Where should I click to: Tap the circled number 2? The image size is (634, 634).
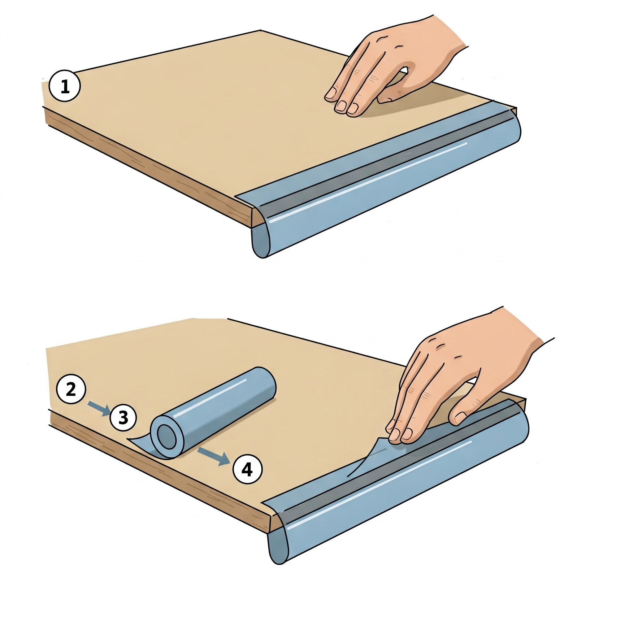coord(71,390)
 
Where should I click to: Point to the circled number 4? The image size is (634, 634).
coord(247,470)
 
